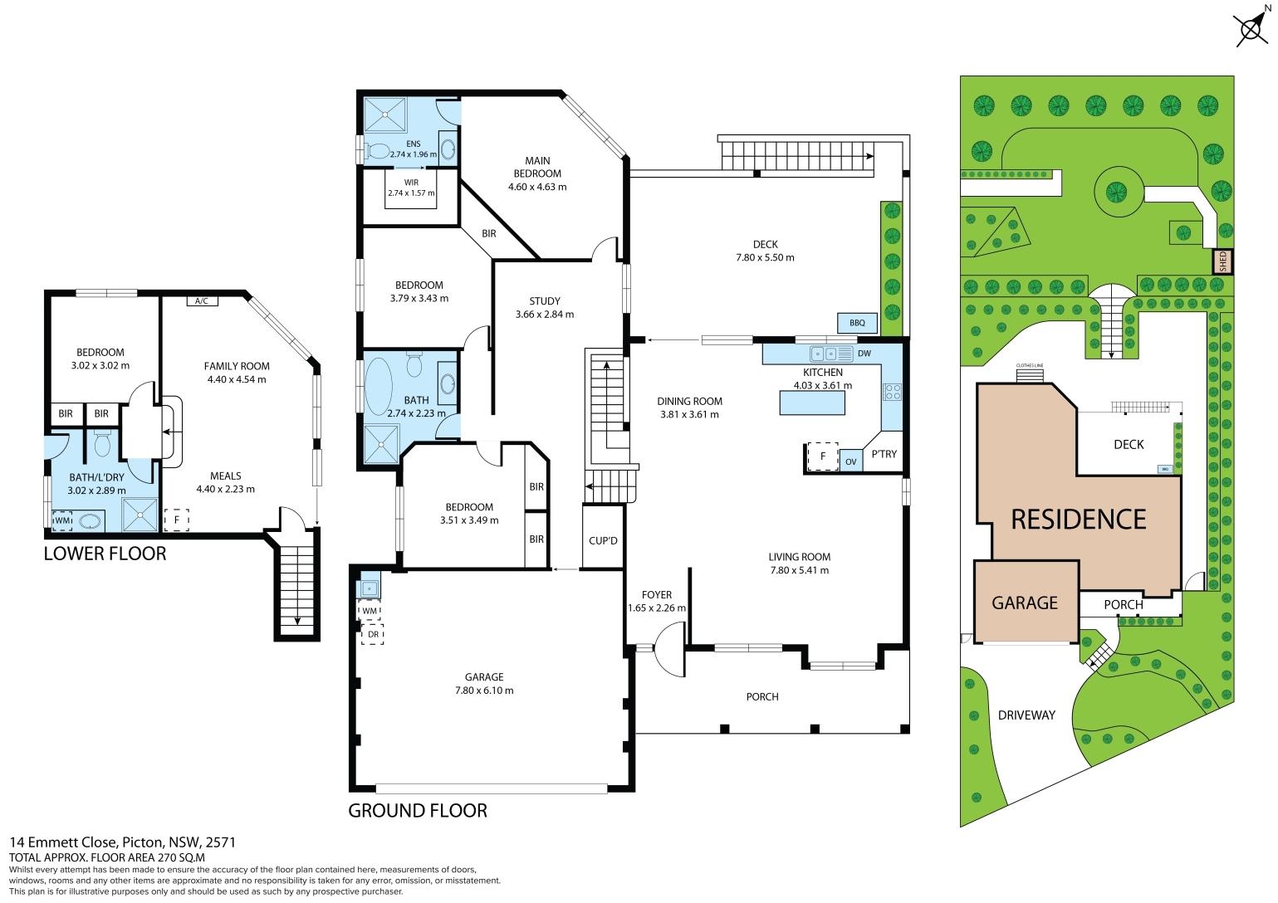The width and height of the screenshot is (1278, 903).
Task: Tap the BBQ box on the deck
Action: (857, 323)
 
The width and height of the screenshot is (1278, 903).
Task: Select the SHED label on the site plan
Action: (1222, 261)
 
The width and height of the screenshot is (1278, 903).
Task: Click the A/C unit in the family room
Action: (202, 301)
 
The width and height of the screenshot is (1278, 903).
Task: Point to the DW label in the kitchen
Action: (864, 354)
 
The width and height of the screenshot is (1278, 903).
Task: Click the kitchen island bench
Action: (812, 403)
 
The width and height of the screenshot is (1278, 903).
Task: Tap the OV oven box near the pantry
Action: (850, 461)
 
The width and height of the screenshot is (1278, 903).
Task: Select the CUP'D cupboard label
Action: (603, 540)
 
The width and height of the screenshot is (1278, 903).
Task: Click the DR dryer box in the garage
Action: (373, 634)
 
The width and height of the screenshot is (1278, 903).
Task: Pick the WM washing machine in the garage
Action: (370, 611)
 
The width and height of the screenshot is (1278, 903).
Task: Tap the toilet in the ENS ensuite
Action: (376, 151)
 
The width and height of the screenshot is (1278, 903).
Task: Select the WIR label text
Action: (411, 183)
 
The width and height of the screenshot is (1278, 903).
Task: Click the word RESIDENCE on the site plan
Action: (1079, 520)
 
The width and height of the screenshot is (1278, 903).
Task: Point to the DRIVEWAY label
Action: (1026, 715)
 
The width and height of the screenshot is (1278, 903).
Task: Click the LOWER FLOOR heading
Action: (105, 554)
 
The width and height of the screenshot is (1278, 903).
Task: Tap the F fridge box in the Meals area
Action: (177, 520)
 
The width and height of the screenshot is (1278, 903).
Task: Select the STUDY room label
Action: (544, 301)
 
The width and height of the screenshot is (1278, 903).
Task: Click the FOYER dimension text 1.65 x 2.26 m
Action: (657, 608)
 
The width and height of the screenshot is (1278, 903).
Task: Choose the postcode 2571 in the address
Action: (220, 842)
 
